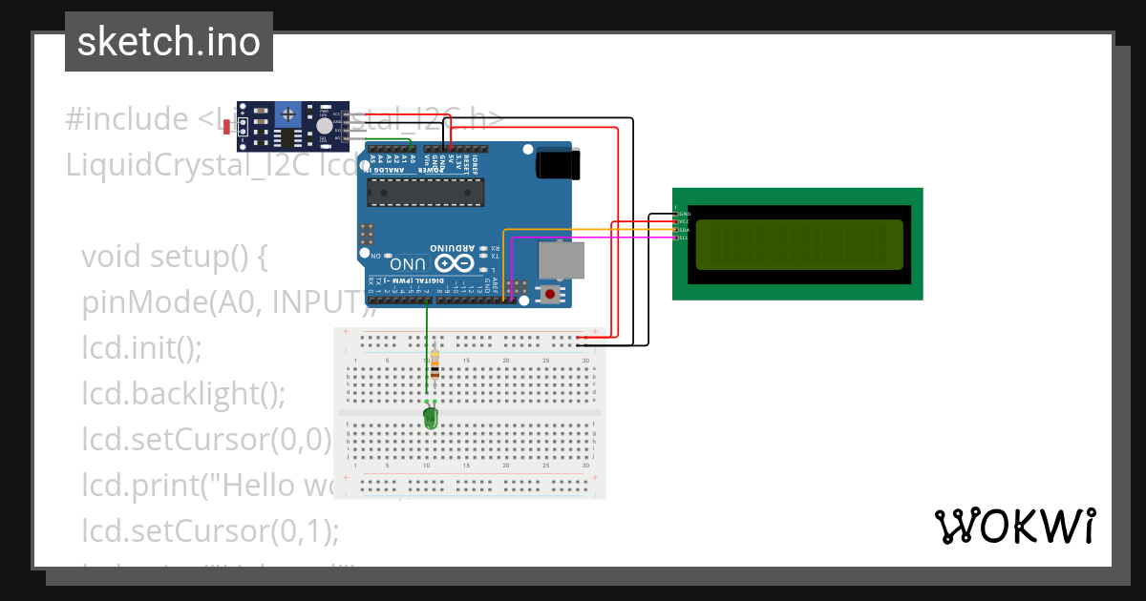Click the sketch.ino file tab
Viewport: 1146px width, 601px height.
[168, 42]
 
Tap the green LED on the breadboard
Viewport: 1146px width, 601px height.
[430, 417]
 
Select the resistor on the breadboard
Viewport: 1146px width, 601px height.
[435, 364]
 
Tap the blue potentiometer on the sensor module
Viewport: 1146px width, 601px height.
[287, 116]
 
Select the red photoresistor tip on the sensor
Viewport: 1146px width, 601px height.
[226, 126]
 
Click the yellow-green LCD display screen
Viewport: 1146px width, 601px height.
[798, 244]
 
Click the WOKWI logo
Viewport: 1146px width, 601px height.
[1014, 526]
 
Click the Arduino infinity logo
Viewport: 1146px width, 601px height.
[454, 263]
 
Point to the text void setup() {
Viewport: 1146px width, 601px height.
[177, 257]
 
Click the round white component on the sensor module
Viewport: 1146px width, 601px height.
[325, 126]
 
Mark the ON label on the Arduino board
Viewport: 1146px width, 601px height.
[375, 257]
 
